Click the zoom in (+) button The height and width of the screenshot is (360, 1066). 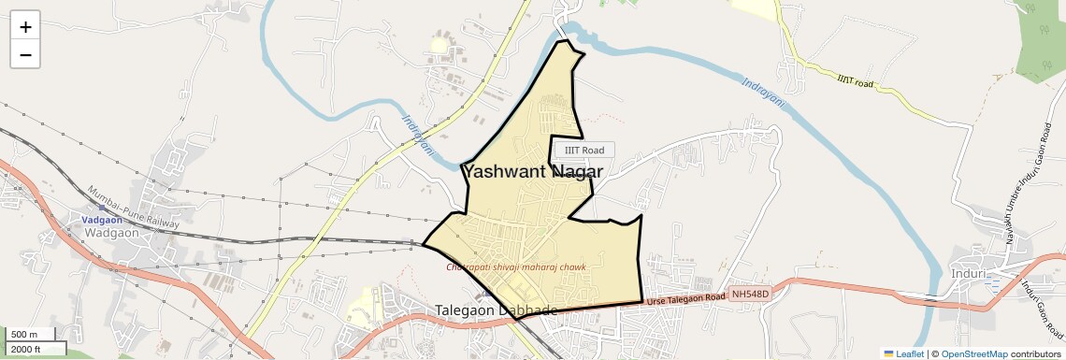25,27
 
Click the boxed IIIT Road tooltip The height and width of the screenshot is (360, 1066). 584,150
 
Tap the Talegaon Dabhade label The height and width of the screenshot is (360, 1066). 496,310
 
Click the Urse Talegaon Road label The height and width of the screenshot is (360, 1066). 686,298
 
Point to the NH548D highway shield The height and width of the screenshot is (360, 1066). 750,295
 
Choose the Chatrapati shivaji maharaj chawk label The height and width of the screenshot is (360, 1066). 516,267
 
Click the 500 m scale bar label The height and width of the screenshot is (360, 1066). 25,335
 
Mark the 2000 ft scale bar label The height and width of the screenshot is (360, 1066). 26,349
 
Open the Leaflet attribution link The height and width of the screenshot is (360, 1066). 904,353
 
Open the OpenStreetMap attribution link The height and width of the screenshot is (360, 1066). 973,353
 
